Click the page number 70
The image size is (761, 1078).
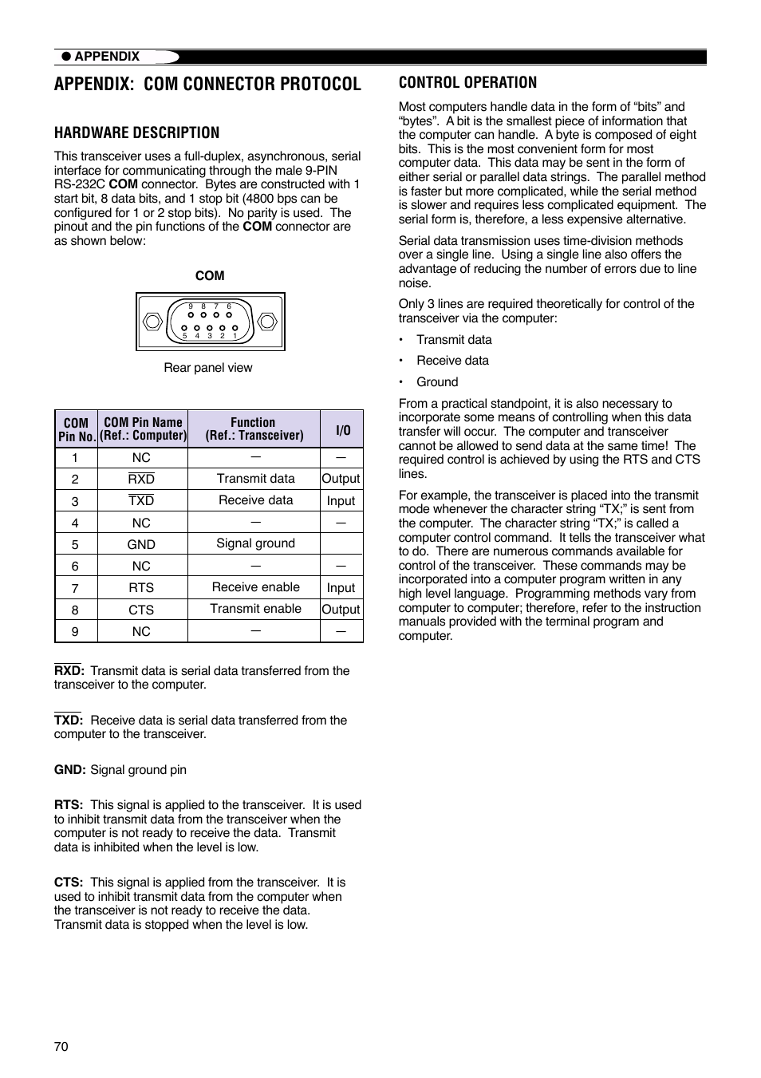point(61,1046)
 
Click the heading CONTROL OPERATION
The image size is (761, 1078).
point(467,82)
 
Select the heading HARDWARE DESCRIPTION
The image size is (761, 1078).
point(136,132)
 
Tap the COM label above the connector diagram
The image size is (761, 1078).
point(210,275)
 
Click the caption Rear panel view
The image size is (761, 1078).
point(208,368)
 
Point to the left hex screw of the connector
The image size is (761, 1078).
point(152,322)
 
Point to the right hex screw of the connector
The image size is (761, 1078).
point(267,322)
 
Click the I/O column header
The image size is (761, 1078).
point(342,429)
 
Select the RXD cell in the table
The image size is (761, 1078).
point(141,479)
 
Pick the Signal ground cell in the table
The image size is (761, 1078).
point(255,543)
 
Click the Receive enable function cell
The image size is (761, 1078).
point(255,587)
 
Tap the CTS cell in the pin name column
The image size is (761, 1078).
point(141,610)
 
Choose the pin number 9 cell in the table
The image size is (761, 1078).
point(75,631)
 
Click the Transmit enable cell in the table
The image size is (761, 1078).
point(255,609)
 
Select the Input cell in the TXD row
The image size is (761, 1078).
point(341,501)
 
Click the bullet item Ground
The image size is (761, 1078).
point(437,382)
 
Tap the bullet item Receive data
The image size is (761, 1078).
point(452,361)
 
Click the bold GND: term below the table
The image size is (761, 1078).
point(70,770)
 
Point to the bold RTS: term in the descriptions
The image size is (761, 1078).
point(69,805)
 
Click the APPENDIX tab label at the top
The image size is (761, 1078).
point(107,57)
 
